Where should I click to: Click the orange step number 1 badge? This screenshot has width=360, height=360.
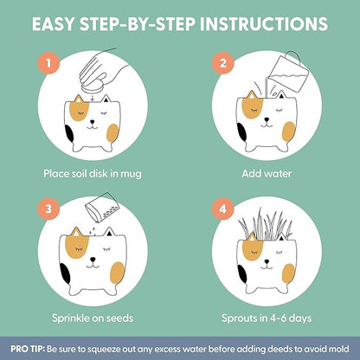click(x=48, y=63)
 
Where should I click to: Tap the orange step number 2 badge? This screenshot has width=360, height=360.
click(x=223, y=63)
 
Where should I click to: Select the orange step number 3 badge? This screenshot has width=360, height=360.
click(x=48, y=209)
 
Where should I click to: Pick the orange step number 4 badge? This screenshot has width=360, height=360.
click(x=223, y=209)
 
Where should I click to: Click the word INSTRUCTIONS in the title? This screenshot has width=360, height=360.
click(x=264, y=23)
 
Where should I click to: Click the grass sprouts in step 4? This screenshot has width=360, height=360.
click(x=266, y=224)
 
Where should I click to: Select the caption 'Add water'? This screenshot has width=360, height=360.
click(x=267, y=174)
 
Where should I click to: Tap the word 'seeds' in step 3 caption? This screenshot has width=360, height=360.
click(x=119, y=318)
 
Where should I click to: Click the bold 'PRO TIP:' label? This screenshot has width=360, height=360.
click(x=28, y=349)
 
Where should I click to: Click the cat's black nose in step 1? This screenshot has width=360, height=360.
click(x=92, y=122)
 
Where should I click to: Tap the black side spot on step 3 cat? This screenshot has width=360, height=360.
click(x=65, y=273)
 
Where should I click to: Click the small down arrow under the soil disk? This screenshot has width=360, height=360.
click(x=93, y=99)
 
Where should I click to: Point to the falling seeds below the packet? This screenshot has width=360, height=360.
click(x=93, y=229)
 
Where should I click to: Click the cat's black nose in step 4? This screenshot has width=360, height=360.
click(x=267, y=261)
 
